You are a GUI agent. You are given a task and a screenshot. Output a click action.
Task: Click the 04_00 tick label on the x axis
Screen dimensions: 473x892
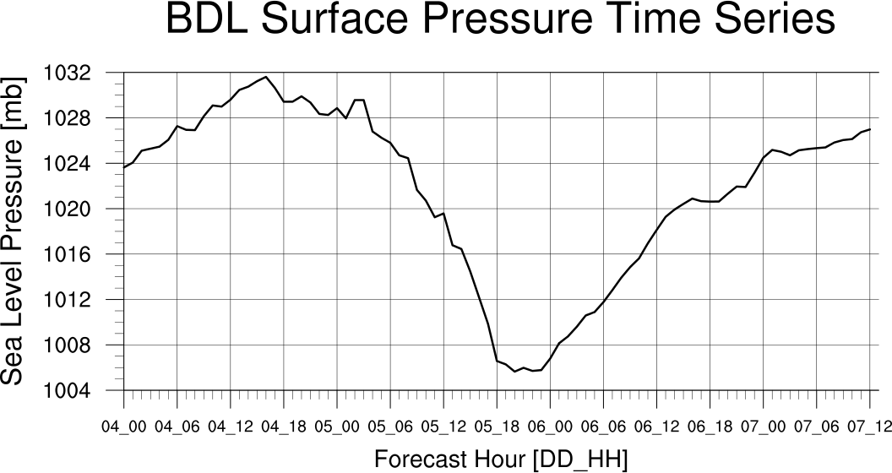point(124,426)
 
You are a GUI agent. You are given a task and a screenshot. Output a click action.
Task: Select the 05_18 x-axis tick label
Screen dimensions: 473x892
point(497,426)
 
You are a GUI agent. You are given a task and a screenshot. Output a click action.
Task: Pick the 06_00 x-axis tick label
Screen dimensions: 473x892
point(550,426)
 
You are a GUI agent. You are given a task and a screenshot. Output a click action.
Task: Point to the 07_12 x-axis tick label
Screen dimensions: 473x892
point(869,426)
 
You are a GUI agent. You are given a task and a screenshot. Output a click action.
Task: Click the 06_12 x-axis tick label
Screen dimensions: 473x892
point(656,426)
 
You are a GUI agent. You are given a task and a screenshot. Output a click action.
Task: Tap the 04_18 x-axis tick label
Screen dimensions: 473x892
point(284,426)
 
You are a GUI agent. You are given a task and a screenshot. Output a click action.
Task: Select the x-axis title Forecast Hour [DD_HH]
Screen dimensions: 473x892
point(501,459)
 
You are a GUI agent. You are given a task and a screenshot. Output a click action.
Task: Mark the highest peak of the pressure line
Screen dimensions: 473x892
point(266,77)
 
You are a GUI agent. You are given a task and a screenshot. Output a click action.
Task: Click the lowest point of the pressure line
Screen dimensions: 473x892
point(514,372)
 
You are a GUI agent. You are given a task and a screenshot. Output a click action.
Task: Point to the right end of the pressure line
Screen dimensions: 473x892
point(869,129)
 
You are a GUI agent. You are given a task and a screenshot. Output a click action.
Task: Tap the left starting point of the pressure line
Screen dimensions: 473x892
point(124,167)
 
